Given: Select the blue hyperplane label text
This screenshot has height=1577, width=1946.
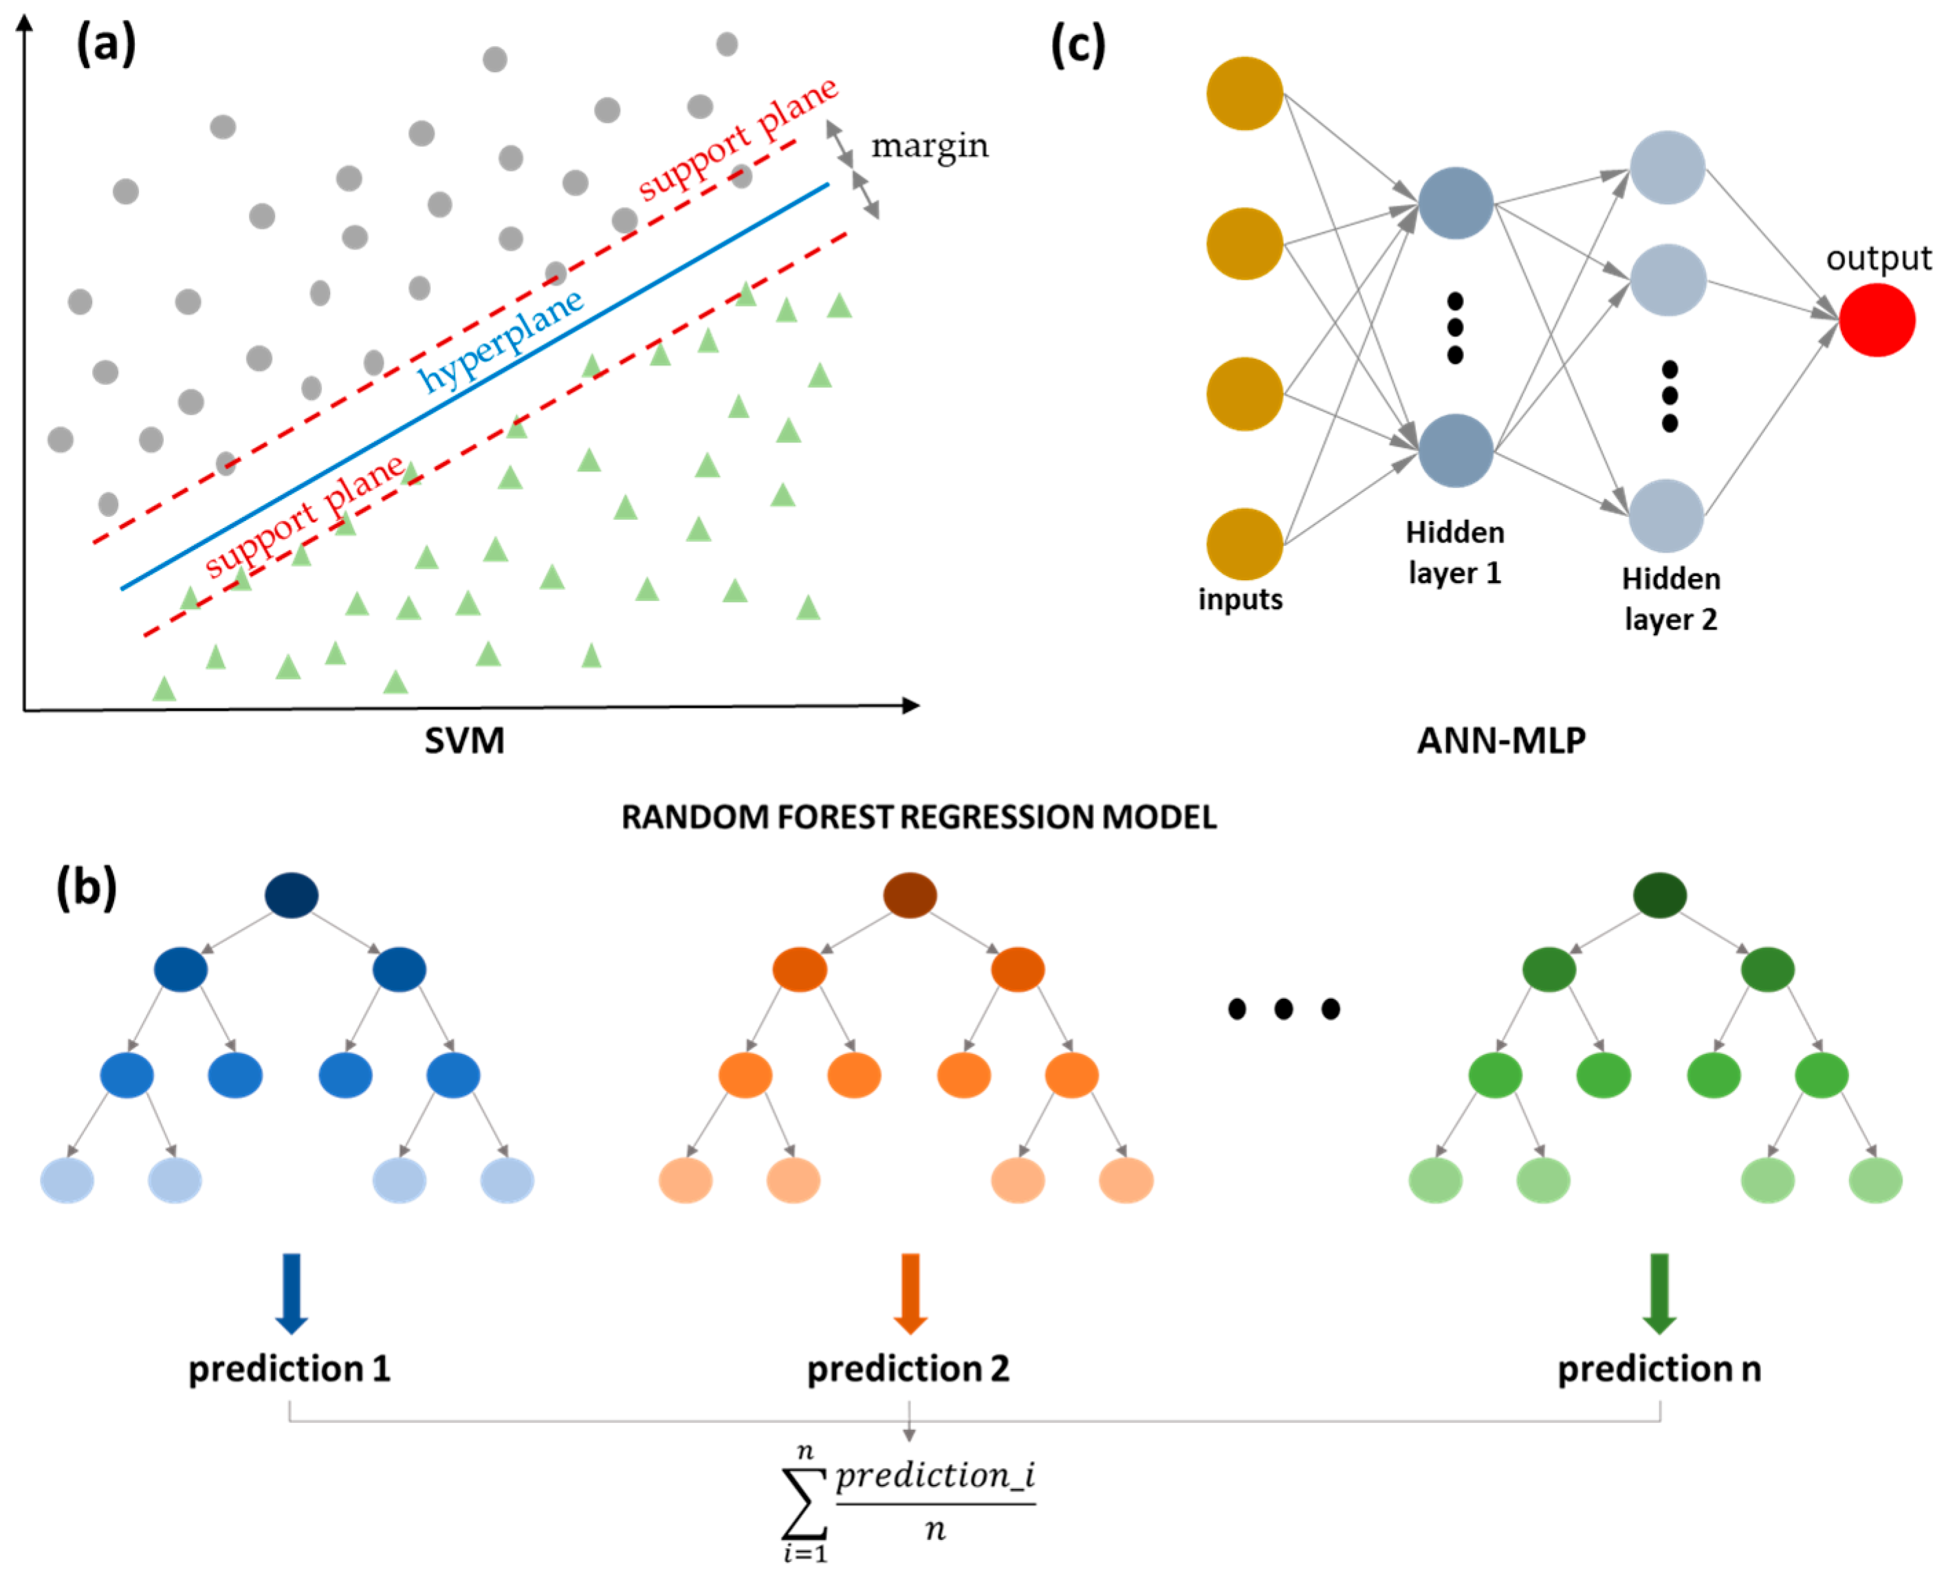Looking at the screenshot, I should click(x=501, y=341).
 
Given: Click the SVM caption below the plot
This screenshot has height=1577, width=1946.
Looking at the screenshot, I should click(x=464, y=740).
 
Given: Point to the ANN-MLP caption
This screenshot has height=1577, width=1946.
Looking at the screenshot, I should click(x=1501, y=740).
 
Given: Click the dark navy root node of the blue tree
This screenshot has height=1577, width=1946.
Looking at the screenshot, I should click(x=292, y=895).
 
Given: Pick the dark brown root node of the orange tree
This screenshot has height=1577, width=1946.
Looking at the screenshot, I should click(x=910, y=895).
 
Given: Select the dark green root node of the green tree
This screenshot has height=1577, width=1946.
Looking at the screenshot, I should click(x=1660, y=895).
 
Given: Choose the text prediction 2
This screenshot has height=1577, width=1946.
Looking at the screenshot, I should click(x=908, y=1368).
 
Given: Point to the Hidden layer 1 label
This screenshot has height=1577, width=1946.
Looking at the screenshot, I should click(x=1454, y=552).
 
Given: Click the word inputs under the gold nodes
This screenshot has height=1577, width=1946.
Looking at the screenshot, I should click(x=1240, y=599).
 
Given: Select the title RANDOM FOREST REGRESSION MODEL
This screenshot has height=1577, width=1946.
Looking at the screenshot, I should click(x=919, y=817).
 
